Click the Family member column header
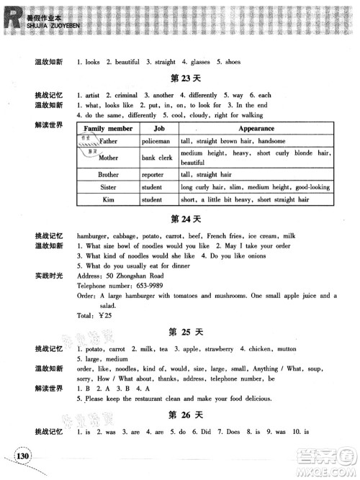108,128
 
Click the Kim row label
108,199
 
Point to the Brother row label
108,174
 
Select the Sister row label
108,187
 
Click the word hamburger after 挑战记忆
94,235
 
